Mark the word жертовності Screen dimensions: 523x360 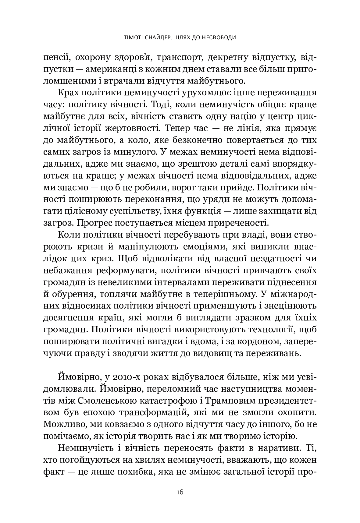141,128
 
